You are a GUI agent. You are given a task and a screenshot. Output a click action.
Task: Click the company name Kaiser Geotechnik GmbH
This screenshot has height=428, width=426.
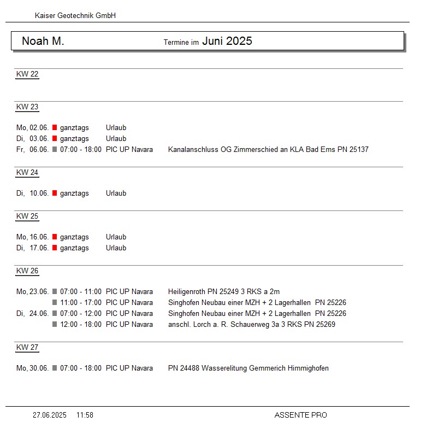click(75, 16)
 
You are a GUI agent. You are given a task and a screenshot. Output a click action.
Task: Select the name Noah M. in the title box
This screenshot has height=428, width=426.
click(43, 42)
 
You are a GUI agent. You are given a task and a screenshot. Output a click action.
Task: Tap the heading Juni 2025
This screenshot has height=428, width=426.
click(227, 42)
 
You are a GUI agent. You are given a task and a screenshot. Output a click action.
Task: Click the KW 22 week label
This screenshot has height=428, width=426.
click(27, 74)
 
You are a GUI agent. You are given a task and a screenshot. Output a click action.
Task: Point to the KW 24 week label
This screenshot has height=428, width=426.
click(27, 173)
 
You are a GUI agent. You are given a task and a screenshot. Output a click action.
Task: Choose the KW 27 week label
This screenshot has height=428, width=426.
click(27, 348)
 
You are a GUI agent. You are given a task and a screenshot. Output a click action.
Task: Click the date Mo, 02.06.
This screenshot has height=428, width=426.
click(33, 128)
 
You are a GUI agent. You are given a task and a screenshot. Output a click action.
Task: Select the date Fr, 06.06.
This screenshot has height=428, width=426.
click(33, 150)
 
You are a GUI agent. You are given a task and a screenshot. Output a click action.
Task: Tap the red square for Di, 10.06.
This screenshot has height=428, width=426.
click(55, 194)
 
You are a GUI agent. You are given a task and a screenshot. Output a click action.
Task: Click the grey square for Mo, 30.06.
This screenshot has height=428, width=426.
click(55, 368)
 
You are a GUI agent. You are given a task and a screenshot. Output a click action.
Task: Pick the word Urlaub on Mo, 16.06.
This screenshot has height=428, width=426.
click(116, 237)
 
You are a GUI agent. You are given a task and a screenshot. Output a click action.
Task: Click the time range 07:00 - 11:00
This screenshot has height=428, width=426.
click(81, 292)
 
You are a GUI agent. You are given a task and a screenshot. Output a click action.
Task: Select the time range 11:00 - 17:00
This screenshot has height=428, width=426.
click(81, 303)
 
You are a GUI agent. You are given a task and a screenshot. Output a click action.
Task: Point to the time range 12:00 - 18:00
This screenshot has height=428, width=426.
click(81, 325)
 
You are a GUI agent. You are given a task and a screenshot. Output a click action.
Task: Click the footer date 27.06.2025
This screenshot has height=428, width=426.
click(50, 415)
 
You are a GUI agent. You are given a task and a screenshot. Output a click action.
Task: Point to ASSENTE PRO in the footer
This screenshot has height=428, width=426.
click(300, 415)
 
